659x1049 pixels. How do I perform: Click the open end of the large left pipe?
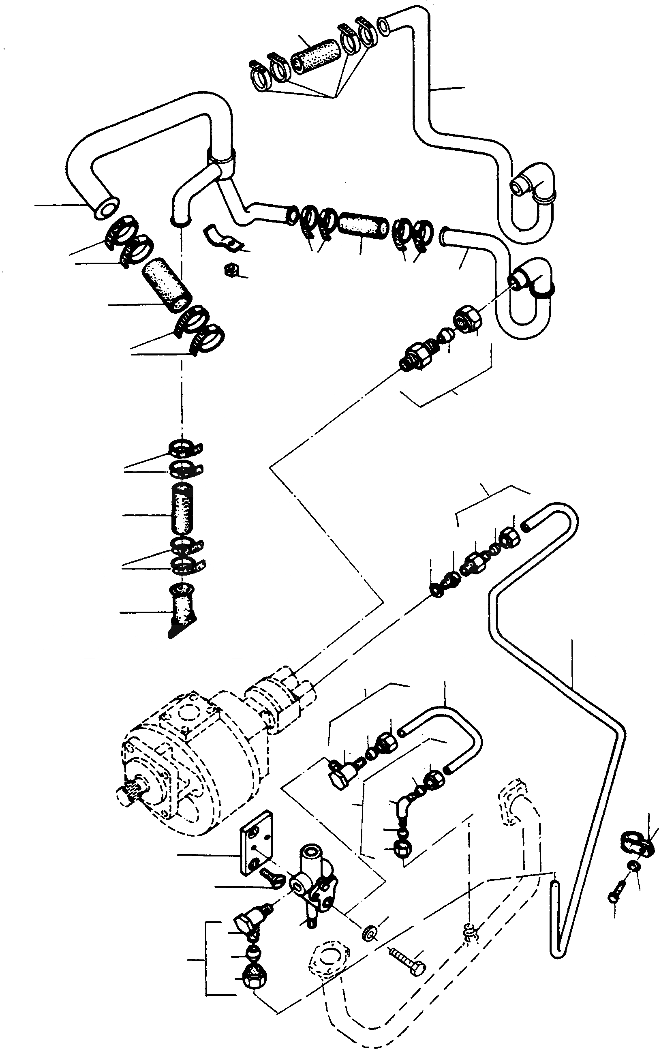[105, 208]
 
